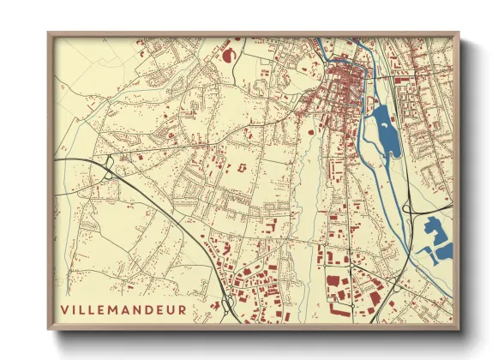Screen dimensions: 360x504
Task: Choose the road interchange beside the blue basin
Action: [x=413, y=210]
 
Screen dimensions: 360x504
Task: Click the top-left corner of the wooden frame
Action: [x=49, y=33]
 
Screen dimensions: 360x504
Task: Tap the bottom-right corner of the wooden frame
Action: [x=459, y=329]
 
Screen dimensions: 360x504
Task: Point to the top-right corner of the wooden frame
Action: [x=459, y=33]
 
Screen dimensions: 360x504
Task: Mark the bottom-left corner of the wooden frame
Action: [x=49, y=329]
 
